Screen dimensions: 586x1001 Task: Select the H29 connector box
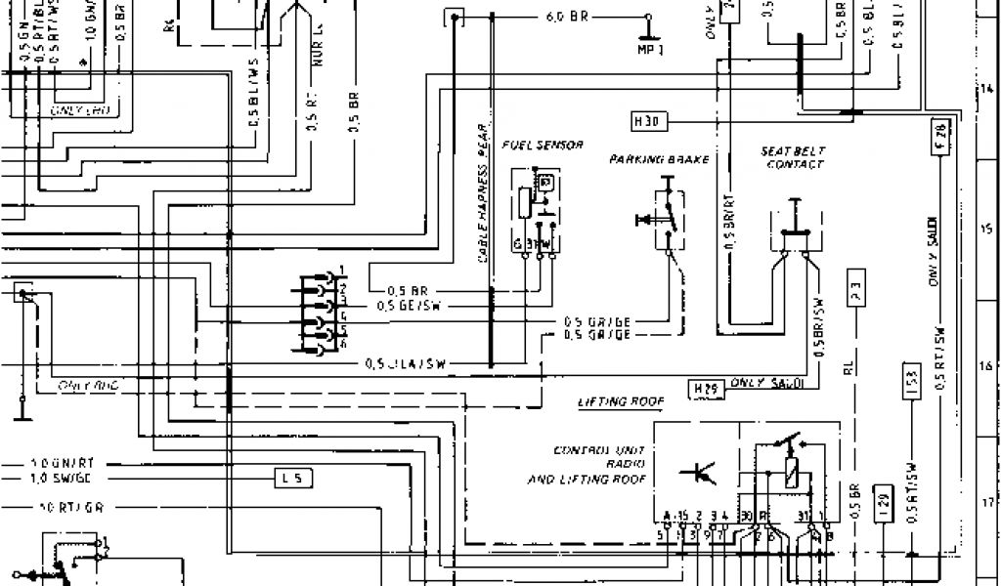(x=705, y=389)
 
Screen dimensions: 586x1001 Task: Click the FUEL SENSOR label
(x=543, y=145)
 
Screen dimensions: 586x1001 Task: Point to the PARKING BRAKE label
(x=659, y=158)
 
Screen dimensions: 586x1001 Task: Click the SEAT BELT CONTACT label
(x=794, y=158)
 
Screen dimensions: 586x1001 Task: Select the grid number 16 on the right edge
(x=985, y=367)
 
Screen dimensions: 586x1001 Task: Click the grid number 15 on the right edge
(x=985, y=230)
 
